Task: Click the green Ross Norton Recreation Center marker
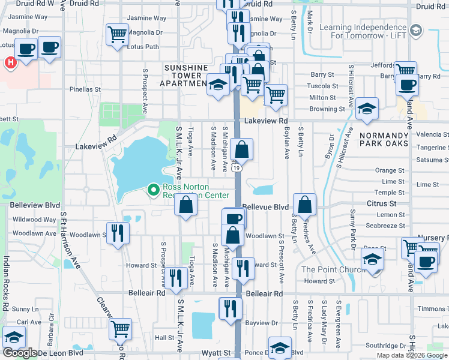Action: pos(154,190)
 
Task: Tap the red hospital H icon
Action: pos(10,62)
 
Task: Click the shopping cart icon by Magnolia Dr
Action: pos(117,34)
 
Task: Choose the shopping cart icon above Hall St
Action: pos(121,328)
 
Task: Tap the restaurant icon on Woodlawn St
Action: pos(118,233)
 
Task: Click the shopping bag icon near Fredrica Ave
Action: pos(305,205)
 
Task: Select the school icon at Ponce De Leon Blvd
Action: pos(280,347)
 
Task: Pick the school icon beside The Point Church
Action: pos(373,259)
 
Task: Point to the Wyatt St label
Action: pos(216,353)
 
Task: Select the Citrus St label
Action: pos(377,204)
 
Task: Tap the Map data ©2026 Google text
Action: pos(411,355)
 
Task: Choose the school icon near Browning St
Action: pos(367,108)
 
